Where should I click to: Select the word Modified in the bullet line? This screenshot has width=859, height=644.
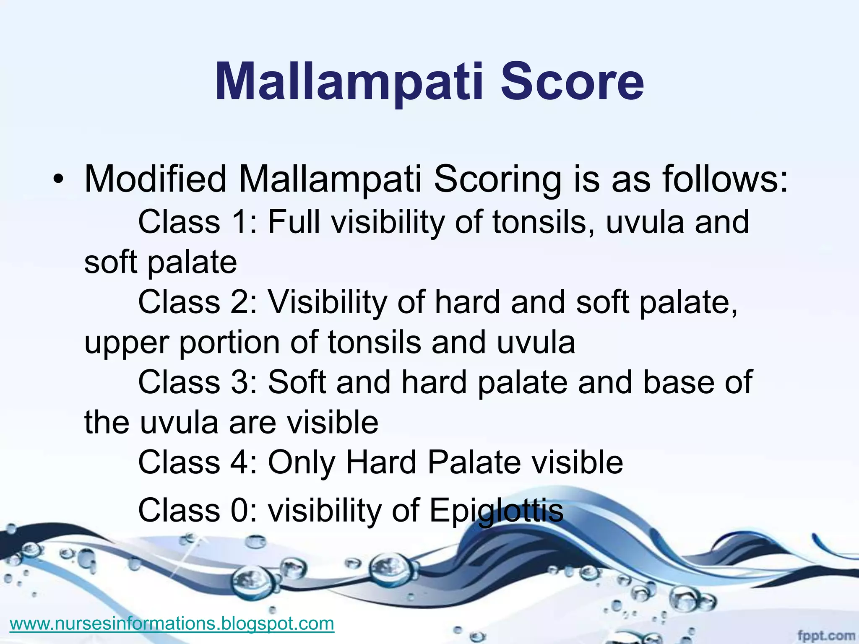click(x=156, y=179)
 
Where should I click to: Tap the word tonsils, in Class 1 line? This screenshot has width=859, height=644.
click(x=544, y=222)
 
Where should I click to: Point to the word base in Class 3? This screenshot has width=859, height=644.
click(x=677, y=382)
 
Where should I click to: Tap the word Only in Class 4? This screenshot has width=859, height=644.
click(x=302, y=463)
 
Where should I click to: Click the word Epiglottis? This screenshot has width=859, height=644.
click(x=496, y=511)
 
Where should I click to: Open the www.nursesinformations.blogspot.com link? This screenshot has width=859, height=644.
click(x=172, y=623)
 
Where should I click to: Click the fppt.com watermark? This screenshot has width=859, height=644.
click(x=825, y=636)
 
